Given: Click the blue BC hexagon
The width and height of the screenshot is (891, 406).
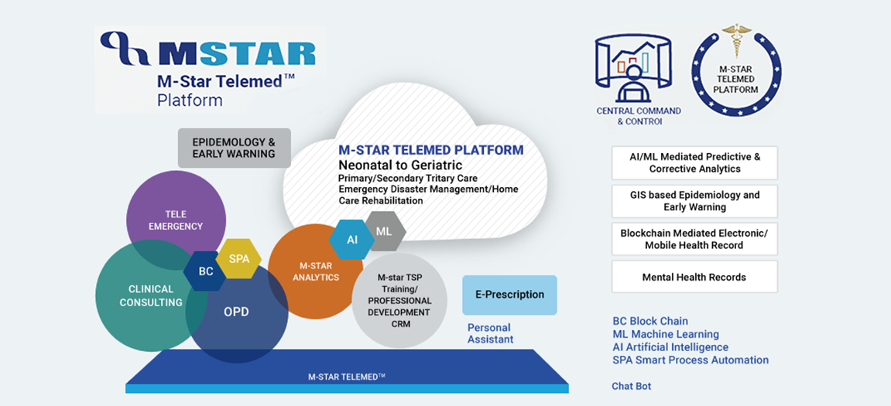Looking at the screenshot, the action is click(206, 271).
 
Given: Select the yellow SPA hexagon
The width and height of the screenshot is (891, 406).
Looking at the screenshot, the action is click(238, 258).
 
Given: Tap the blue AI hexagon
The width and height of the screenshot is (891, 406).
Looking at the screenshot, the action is click(351, 239).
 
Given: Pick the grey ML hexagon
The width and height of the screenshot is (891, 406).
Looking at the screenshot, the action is click(386, 231).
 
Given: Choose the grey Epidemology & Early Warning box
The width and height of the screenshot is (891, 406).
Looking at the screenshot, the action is click(234, 148).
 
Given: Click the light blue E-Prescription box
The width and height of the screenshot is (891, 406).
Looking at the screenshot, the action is click(509, 295).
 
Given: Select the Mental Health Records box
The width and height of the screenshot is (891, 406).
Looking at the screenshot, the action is click(694, 277).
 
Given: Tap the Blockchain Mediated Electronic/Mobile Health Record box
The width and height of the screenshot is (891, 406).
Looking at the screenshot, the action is click(694, 239).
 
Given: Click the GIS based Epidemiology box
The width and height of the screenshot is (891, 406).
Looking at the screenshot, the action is click(694, 201).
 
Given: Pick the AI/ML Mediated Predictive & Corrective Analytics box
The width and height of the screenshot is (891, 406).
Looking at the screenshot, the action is click(694, 163).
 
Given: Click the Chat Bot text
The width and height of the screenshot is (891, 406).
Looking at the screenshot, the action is click(632, 386).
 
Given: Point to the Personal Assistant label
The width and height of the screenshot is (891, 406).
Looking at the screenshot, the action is click(490, 333).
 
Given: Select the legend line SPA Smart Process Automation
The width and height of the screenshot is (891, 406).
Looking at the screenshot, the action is click(691, 360).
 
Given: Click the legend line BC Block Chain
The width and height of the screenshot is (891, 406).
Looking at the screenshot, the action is click(650, 321).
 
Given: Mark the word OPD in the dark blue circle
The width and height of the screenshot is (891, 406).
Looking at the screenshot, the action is click(236, 312).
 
